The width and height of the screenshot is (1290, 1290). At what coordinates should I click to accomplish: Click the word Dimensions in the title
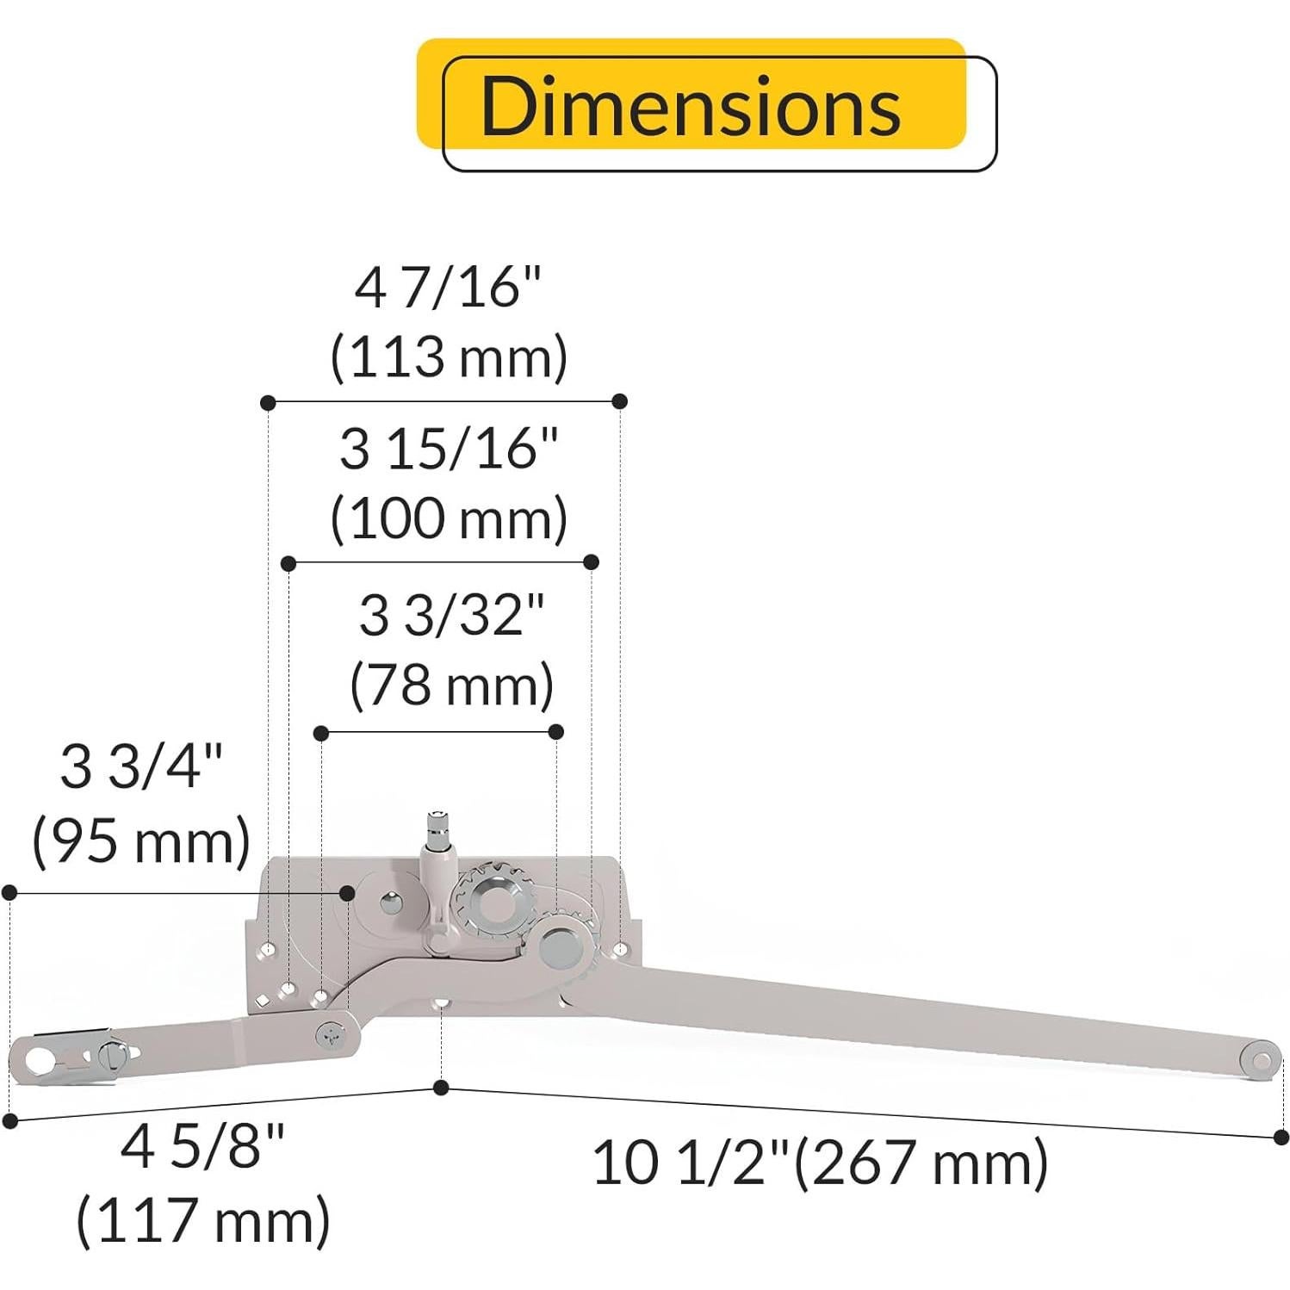click(x=690, y=105)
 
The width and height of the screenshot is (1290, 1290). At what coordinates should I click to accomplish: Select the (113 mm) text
click(x=449, y=357)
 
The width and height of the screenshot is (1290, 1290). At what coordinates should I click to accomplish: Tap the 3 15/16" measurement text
click(x=449, y=450)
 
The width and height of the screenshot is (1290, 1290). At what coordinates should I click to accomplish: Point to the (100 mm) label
click(x=449, y=518)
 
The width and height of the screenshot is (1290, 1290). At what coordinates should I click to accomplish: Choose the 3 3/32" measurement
click(x=451, y=617)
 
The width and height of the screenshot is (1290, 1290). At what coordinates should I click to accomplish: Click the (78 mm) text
click(x=451, y=685)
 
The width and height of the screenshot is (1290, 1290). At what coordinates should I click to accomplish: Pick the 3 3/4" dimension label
click(x=141, y=766)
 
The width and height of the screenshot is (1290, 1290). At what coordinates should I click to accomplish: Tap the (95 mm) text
click(x=141, y=840)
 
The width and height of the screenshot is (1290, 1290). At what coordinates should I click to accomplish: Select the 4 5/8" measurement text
click(x=202, y=1147)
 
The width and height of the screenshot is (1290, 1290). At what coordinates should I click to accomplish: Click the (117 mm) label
click(x=203, y=1219)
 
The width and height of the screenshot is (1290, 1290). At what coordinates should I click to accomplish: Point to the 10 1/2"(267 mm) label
click(x=820, y=1163)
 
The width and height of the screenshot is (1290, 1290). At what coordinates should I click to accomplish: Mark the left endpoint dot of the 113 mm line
click(x=268, y=402)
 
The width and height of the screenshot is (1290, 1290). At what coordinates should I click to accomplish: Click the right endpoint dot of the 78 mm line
click(x=556, y=732)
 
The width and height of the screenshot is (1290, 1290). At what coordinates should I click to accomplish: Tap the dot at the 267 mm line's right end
click(x=1280, y=1137)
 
